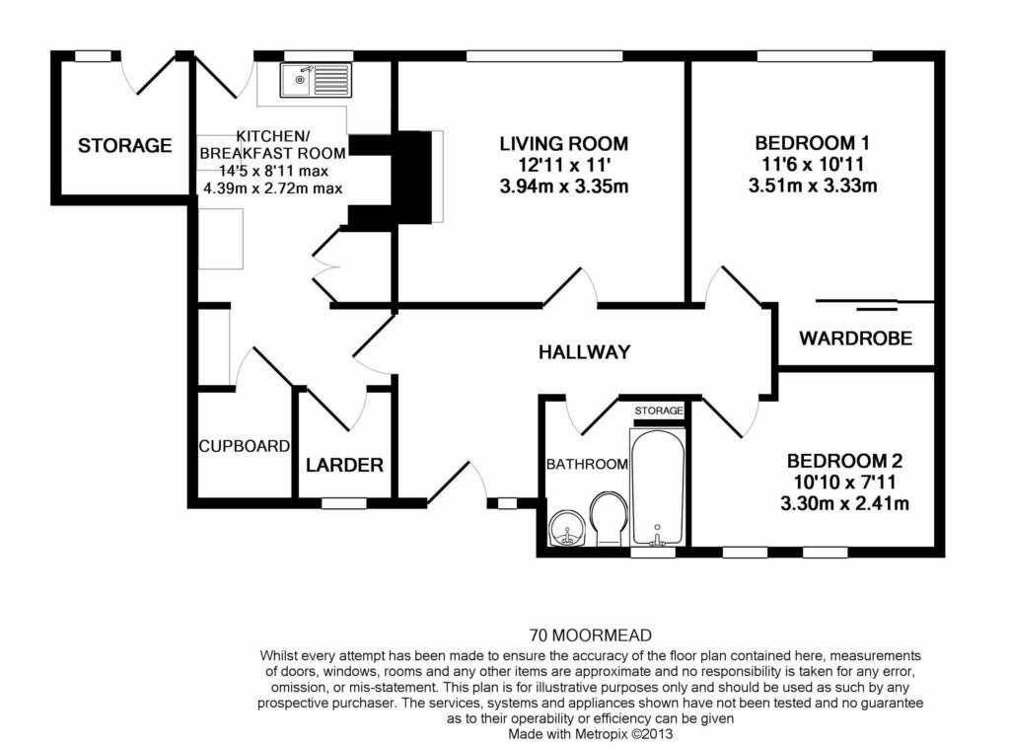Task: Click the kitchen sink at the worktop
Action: [317, 80]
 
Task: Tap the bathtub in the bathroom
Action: [657, 487]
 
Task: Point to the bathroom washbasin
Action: [567, 529]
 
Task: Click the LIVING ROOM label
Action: [563, 143]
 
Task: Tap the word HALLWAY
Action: [584, 352]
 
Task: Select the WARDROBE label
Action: [855, 338]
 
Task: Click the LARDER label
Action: [344, 465]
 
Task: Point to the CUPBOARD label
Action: [245, 446]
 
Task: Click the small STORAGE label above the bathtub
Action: [658, 411]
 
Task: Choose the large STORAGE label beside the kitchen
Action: [125, 146]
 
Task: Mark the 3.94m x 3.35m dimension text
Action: [563, 187]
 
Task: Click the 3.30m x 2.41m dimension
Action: [844, 503]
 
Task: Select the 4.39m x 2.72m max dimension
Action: [272, 188]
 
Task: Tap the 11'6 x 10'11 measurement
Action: [813, 165]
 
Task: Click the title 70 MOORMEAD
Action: [591, 635]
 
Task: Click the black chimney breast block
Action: [391, 178]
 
